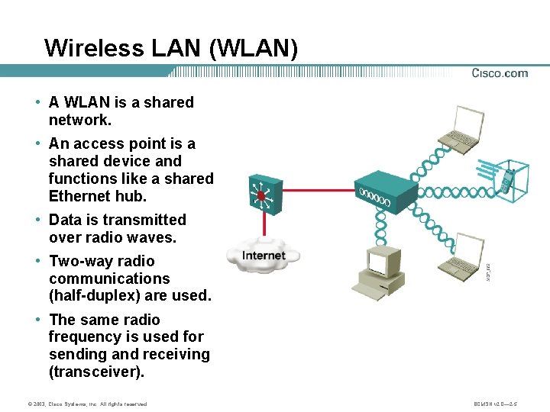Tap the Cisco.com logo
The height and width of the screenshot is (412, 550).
click(x=500, y=73)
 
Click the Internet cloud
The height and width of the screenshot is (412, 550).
click(x=263, y=257)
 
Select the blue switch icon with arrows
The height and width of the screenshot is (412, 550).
click(x=261, y=194)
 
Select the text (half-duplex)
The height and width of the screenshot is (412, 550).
click(x=97, y=295)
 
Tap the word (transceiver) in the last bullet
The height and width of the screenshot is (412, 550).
click(x=98, y=372)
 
